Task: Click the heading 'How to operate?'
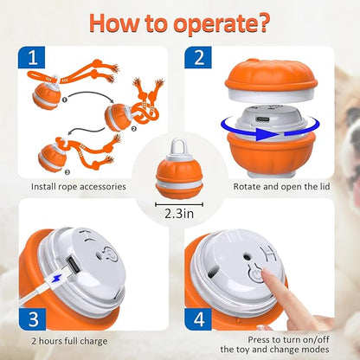(179, 22)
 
